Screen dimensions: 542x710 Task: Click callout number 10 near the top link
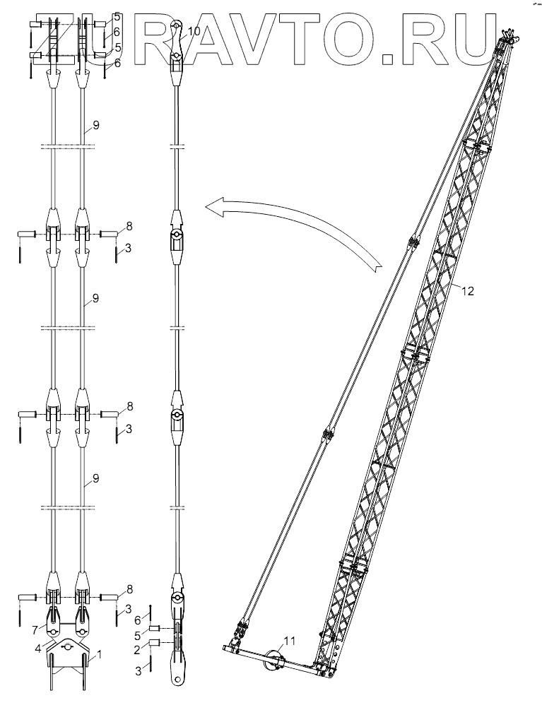click(x=194, y=32)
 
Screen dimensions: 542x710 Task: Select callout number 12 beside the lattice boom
click(x=468, y=291)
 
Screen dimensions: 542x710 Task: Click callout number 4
click(x=39, y=649)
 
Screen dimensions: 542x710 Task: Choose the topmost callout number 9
click(x=96, y=126)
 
